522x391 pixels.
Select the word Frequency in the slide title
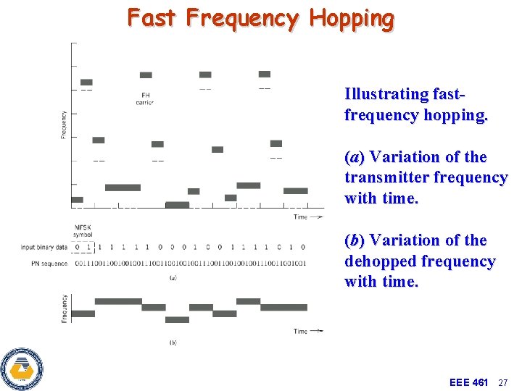(x=241, y=18)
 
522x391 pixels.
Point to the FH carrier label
(x=145, y=98)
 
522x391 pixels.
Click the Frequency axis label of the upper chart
(x=64, y=125)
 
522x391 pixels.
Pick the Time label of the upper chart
(x=300, y=216)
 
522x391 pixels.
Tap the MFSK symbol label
(x=83, y=232)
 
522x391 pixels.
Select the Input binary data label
(x=44, y=248)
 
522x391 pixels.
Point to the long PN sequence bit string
(x=190, y=263)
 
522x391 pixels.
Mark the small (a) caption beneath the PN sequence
(x=173, y=277)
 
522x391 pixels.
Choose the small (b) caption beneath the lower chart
(x=173, y=342)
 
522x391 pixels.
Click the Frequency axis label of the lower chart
(x=65, y=308)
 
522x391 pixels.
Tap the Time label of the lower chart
(x=300, y=332)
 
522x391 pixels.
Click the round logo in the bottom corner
(x=22, y=369)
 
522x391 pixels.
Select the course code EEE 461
(x=468, y=382)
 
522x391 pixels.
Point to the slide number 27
(x=505, y=382)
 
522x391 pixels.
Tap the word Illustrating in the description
(x=387, y=94)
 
